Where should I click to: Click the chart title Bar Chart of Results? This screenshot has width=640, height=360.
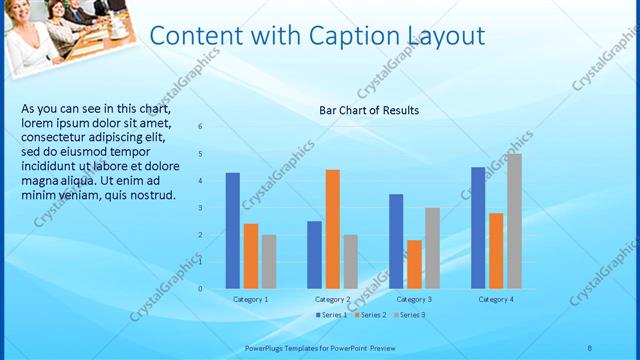(368, 110)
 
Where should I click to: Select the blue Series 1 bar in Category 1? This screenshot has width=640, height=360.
(232, 231)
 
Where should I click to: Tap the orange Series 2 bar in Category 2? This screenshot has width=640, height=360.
(332, 229)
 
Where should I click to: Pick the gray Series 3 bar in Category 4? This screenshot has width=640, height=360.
(514, 221)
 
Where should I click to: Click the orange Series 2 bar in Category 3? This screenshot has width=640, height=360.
(414, 264)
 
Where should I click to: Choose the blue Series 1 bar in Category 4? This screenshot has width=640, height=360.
(478, 228)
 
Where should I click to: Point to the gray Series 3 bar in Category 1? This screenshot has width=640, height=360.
(269, 262)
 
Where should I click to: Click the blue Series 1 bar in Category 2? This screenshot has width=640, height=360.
(314, 255)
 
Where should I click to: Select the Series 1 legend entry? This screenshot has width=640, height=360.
(331, 315)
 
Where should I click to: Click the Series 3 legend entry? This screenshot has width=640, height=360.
(409, 315)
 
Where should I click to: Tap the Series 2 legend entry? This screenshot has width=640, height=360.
(370, 315)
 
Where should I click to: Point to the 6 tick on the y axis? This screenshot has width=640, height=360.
(201, 127)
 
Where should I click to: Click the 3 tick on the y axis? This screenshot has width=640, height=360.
(201, 208)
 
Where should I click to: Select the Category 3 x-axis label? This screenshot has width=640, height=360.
(414, 299)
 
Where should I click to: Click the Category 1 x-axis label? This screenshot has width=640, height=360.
(250, 299)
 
